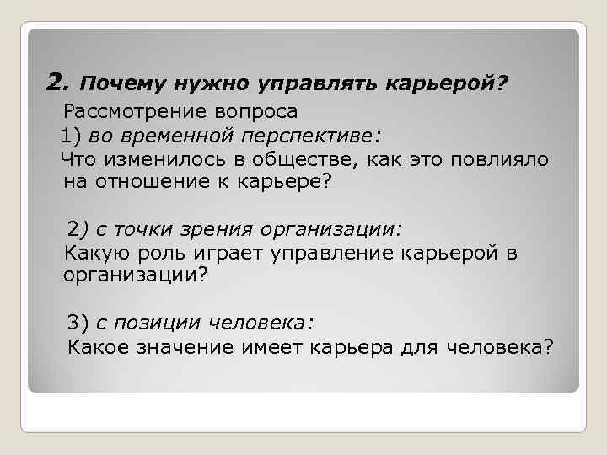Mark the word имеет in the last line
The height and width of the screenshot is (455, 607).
click(276, 345)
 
